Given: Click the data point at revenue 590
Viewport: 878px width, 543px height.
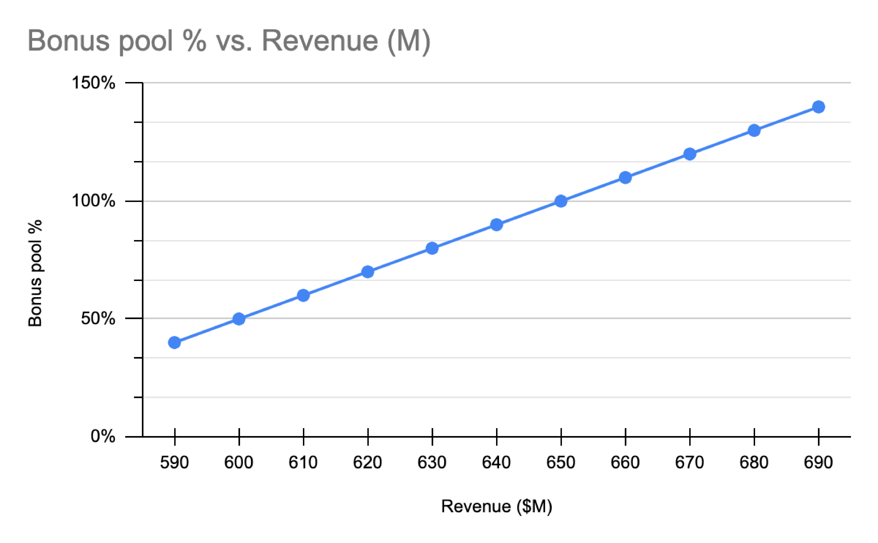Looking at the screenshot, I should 175,343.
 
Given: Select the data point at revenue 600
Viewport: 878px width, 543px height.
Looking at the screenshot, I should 239,319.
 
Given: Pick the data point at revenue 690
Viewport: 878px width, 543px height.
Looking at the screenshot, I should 818,107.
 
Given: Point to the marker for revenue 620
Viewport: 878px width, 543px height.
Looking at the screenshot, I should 368,272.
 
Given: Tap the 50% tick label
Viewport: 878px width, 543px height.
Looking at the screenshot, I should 98,318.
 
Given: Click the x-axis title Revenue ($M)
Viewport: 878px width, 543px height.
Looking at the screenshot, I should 496,506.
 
